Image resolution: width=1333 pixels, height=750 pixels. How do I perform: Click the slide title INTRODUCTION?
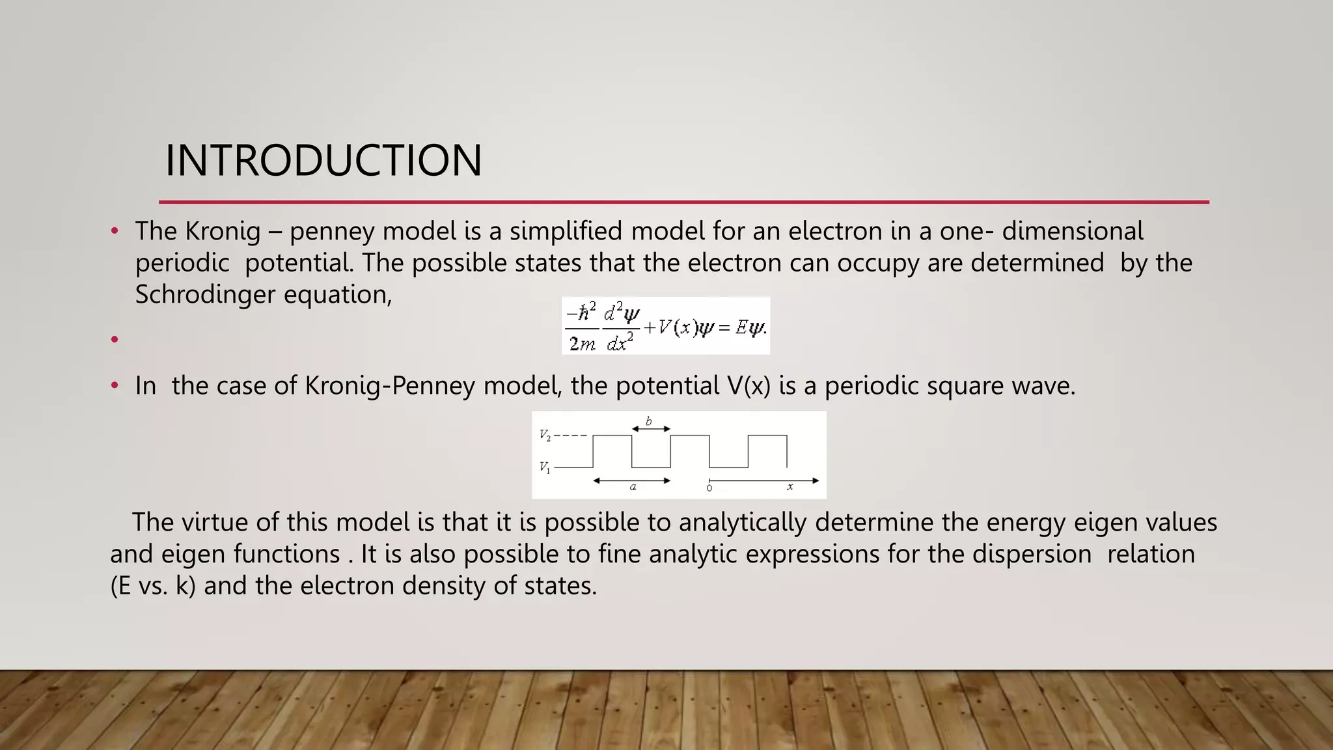[323, 160]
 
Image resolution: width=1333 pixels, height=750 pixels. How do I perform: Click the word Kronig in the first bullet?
[223, 231]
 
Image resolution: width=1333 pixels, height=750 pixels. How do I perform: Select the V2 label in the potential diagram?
[545, 435]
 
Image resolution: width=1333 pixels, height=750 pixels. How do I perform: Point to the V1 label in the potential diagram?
[545, 467]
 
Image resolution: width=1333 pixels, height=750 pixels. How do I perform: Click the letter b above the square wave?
[648, 421]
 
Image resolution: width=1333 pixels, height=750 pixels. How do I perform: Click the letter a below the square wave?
[633, 487]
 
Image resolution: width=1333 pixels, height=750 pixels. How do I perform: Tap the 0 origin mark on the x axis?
[709, 488]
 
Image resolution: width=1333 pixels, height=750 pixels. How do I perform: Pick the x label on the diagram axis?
[790, 487]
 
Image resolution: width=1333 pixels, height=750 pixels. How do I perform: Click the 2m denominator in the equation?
[582, 343]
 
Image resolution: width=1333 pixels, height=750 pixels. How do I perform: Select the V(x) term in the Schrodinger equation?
[677, 327]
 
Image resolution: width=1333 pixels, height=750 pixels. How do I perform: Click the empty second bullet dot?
[115, 339]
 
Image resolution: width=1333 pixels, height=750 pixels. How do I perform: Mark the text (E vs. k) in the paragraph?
[153, 586]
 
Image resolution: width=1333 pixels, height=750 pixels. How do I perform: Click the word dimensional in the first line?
[1072, 231]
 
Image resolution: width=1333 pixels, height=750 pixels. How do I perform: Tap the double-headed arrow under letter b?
[651, 429]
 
